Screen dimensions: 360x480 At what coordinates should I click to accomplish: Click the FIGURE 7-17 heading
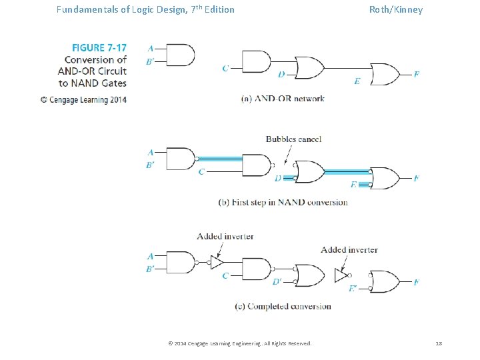(99, 47)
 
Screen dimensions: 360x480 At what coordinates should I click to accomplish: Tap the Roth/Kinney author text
(396, 9)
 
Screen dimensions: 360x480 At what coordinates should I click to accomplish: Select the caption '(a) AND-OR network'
(283, 99)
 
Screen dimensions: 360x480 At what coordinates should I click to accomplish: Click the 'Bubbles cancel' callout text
(293, 139)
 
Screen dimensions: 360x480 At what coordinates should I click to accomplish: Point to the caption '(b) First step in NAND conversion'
(283, 202)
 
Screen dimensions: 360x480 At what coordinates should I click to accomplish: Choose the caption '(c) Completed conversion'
(283, 307)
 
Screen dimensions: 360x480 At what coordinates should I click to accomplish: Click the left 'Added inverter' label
(225, 236)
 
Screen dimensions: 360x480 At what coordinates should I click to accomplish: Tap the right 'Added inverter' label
(349, 249)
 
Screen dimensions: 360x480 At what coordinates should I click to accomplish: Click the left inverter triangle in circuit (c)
(216, 263)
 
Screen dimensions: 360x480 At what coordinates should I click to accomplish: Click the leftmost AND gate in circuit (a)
(178, 55)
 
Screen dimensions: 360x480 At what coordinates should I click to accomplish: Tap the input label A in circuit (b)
(150, 152)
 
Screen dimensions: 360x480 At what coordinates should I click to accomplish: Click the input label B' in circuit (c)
(151, 269)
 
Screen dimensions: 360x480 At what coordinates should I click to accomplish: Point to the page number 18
(439, 343)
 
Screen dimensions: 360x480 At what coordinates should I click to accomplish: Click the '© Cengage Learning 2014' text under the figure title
(83, 99)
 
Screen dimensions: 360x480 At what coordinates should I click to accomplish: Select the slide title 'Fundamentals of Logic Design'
(145, 9)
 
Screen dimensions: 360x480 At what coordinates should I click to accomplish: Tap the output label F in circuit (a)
(416, 74)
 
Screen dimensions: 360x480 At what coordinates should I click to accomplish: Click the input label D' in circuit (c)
(277, 282)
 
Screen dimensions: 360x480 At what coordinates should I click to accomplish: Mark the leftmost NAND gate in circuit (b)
(179, 159)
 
